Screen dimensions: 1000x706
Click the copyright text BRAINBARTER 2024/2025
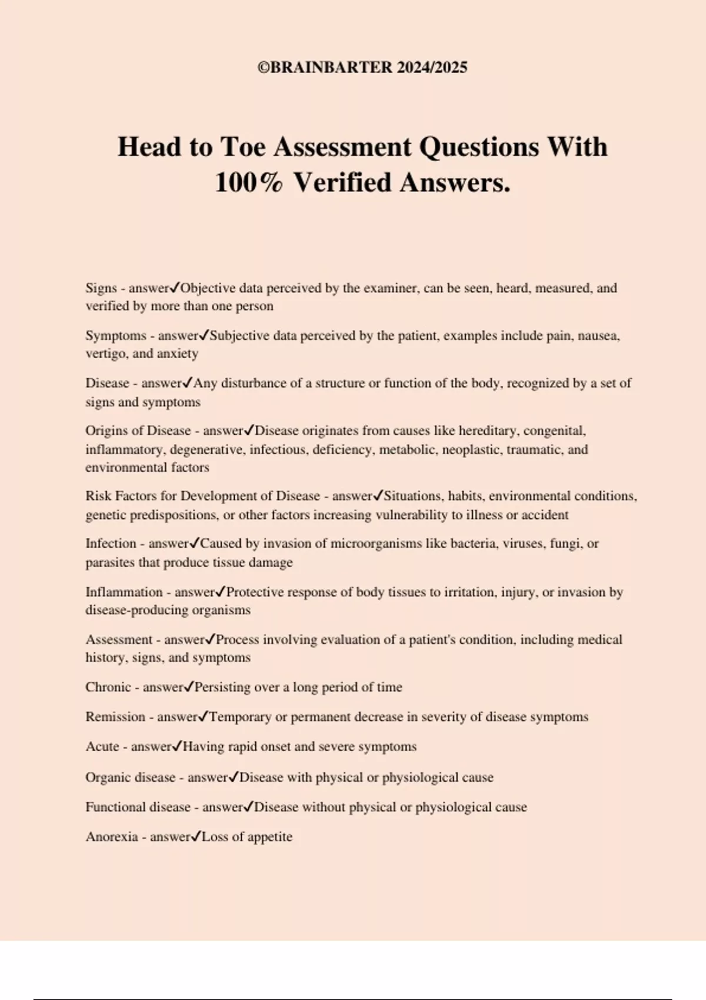(x=362, y=67)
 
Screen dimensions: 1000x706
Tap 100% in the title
(x=248, y=182)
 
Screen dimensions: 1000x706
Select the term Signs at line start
(x=101, y=288)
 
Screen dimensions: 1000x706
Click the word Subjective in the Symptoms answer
(x=236, y=336)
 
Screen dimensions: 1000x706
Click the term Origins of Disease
(x=138, y=431)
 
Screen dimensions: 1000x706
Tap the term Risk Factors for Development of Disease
(x=202, y=496)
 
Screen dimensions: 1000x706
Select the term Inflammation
(x=124, y=592)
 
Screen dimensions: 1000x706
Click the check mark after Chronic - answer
(x=189, y=686)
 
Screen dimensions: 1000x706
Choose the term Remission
(x=115, y=716)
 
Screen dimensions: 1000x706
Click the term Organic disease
(x=130, y=777)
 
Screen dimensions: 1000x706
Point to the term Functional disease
(x=138, y=807)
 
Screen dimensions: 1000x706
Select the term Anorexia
(x=111, y=836)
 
